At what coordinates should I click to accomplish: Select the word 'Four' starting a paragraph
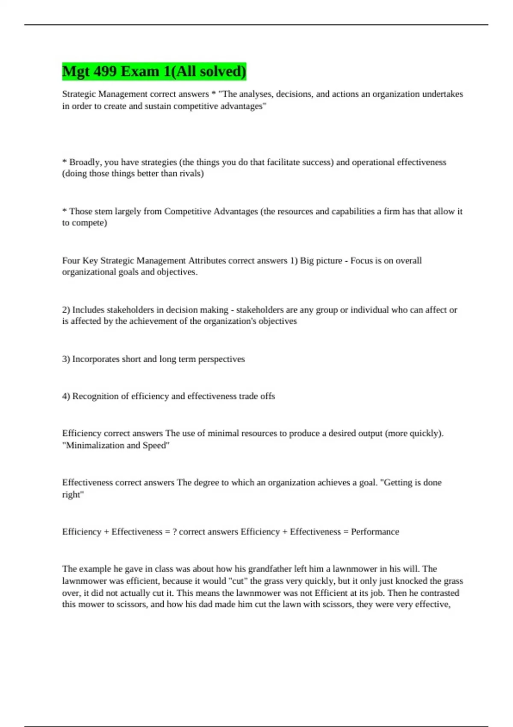[x=71, y=260]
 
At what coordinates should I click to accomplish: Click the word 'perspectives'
[x=221, y=359]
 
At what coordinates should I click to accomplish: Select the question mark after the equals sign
[x=174, y=532]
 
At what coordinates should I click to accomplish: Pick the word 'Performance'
[x=375, y=532]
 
